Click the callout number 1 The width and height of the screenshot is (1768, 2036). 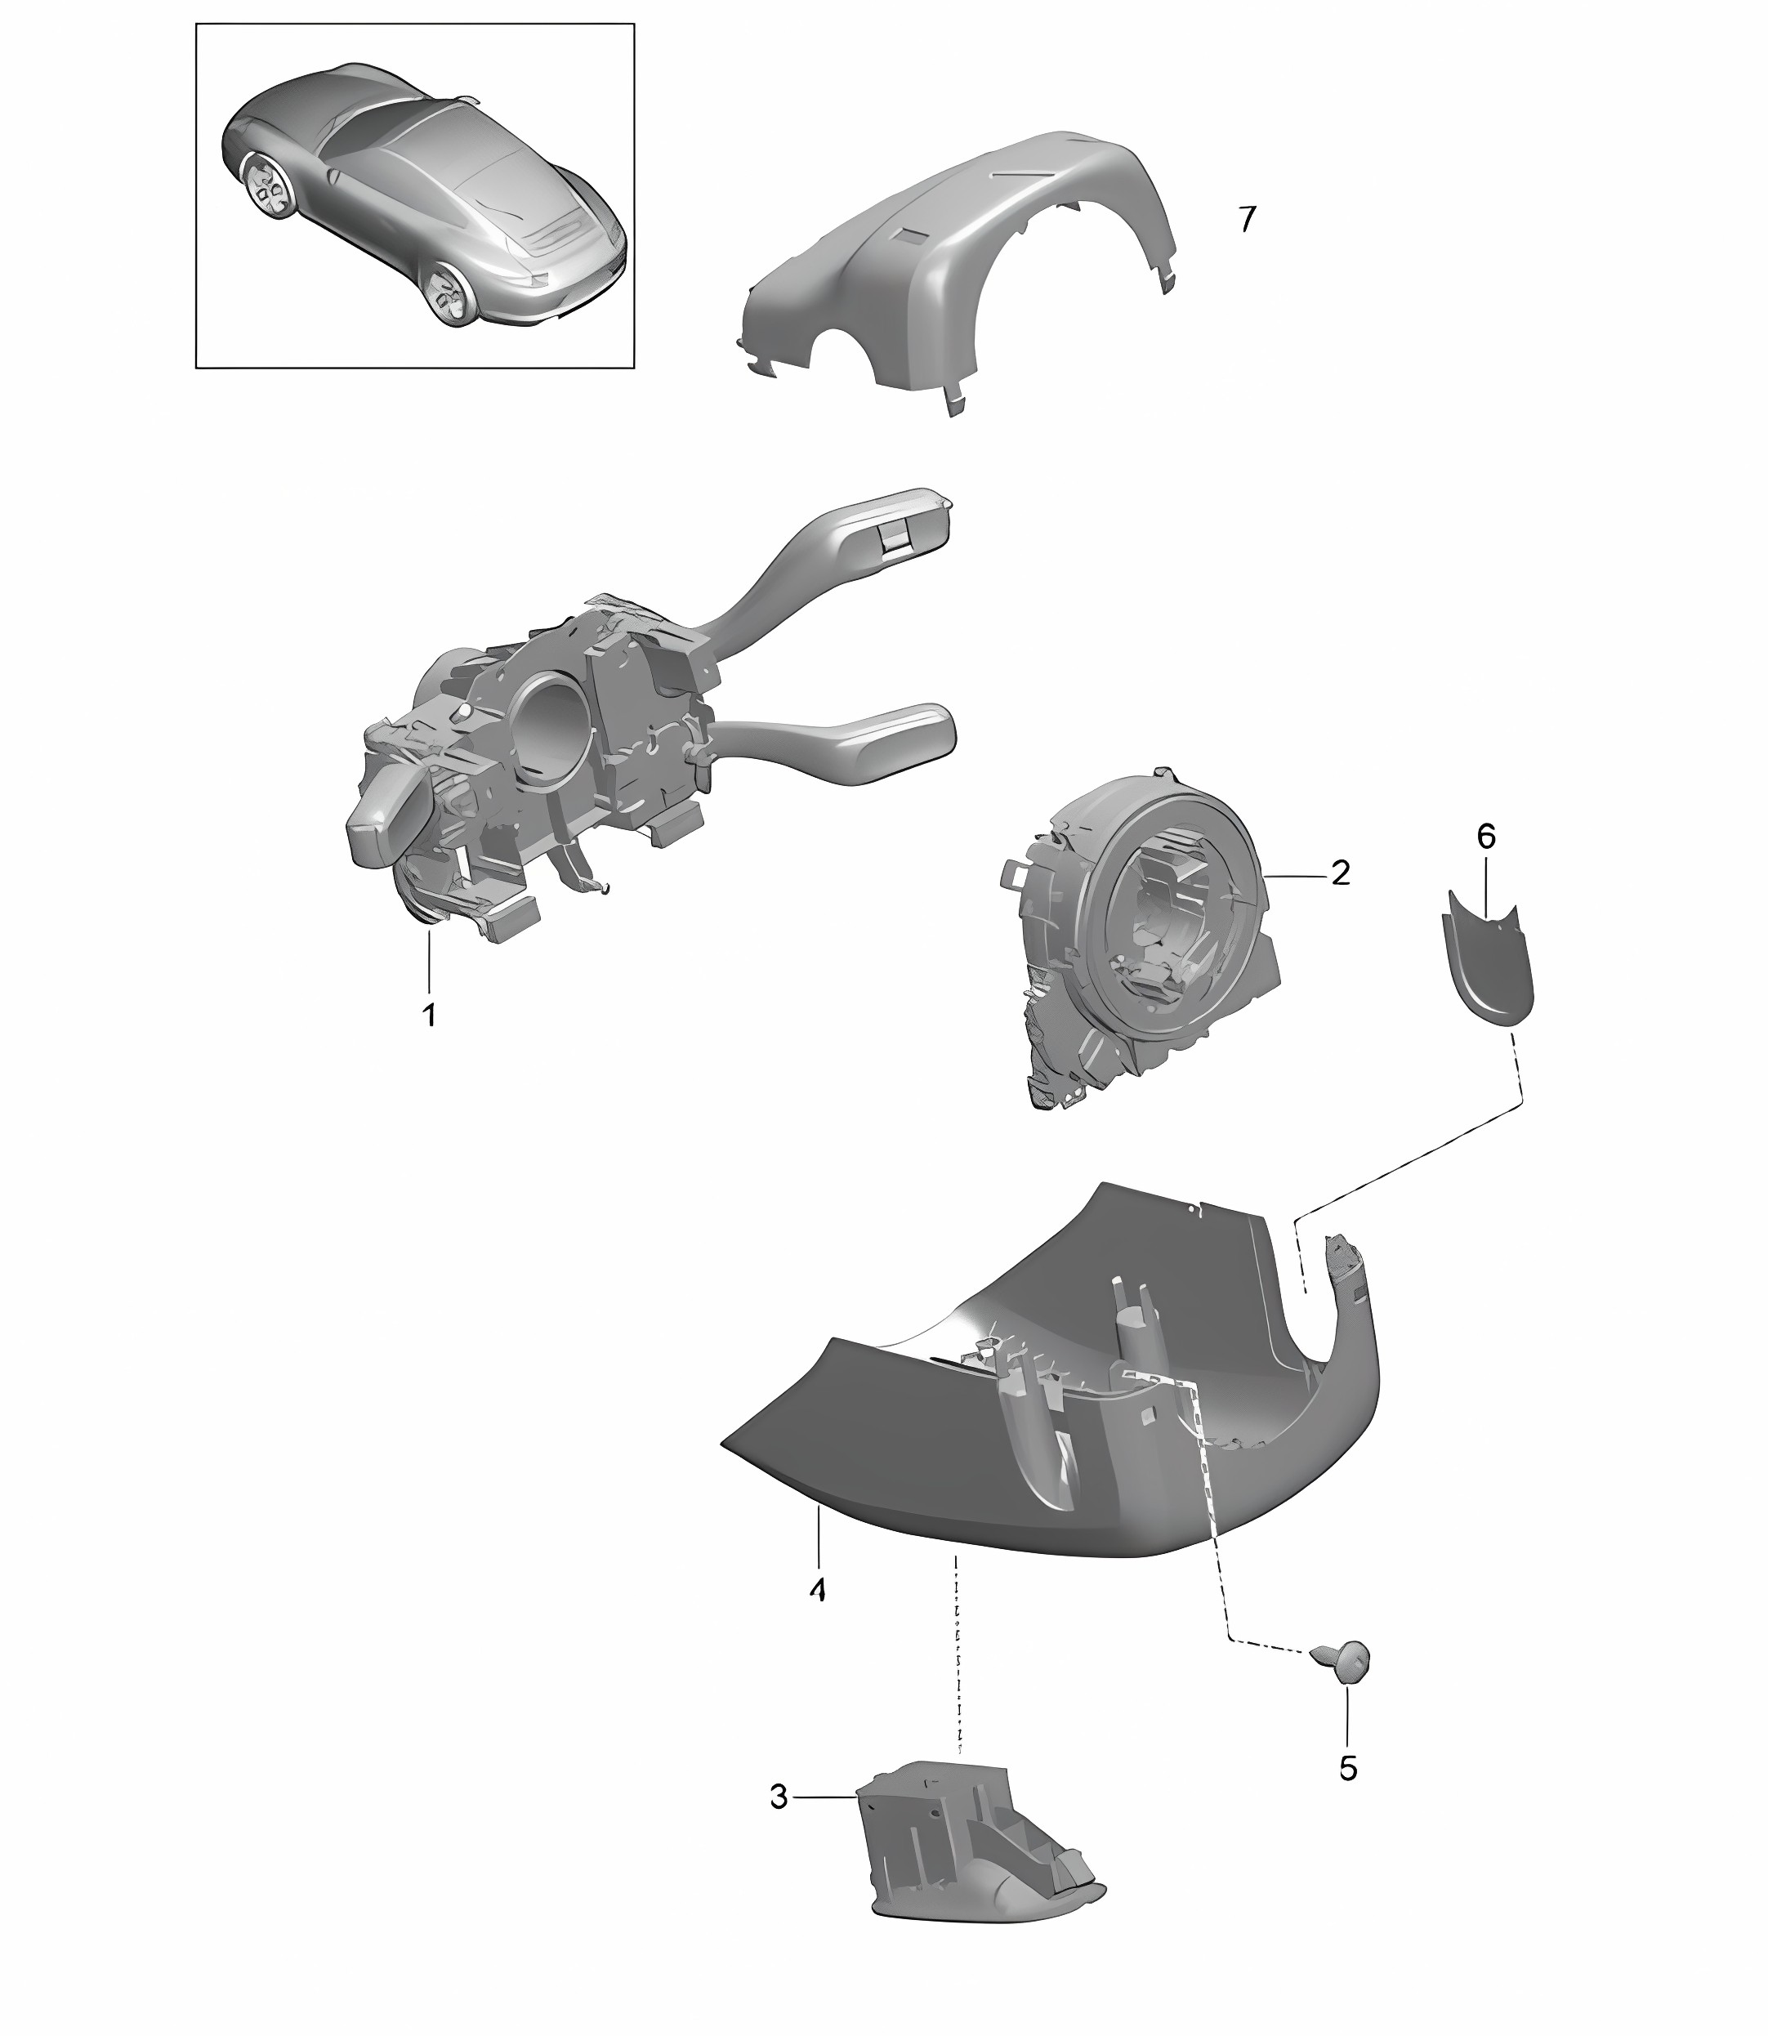tap(429, 1014)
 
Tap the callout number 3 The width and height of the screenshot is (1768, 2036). tap(779, 1797)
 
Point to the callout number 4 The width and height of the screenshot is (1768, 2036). tap(817, 1618)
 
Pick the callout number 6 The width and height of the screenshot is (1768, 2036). tap(1486, 837)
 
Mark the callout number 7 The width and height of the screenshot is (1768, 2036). tap(1248, 219)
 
